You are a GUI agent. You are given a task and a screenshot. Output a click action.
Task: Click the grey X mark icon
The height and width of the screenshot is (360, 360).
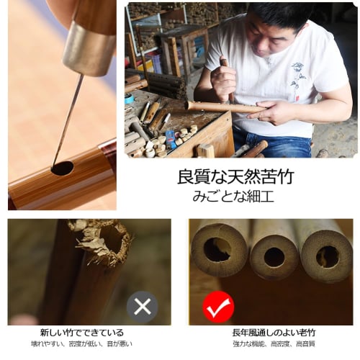click(x=143, y=307)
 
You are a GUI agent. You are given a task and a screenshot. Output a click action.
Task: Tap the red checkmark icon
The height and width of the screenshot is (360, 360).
click(x=217, y=307)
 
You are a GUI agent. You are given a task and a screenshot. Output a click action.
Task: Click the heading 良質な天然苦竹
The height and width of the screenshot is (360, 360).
click(x=235, y=176)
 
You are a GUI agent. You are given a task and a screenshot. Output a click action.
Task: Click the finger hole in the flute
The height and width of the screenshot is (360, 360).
click(x=62, y=168)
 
